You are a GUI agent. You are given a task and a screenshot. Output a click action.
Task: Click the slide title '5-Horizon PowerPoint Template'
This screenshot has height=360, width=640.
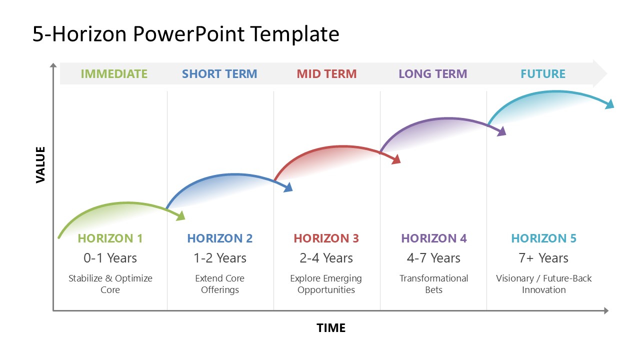click(x=186, y=34)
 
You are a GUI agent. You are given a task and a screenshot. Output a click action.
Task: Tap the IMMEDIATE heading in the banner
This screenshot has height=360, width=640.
click(x=114, y=74)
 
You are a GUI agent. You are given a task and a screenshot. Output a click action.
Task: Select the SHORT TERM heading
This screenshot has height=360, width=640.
click(x=219, y=74)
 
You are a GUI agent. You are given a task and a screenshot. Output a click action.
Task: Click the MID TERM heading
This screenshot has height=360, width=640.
click(x=326, y=74)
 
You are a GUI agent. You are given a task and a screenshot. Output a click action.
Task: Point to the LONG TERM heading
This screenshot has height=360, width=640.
click(x=432, y=74)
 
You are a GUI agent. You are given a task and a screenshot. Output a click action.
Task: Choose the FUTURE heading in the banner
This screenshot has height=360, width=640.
click(x=543, y=74)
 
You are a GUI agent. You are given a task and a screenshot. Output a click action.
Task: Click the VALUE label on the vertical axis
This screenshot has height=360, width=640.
click(x=40, y=164)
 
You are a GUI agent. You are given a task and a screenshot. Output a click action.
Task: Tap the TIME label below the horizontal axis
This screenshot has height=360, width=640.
click(x=331, y=328)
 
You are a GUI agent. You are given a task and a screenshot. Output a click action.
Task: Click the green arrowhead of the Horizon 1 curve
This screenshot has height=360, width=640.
click(x=181, y=215)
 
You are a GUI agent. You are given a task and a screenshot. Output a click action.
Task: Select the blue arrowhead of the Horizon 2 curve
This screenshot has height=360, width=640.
click(x=288, y=187)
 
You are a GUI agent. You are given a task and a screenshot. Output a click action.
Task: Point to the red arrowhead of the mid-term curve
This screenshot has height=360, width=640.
click(x=396, y=159)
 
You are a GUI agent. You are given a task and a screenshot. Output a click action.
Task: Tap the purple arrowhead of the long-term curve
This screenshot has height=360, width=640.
click(x=502, y=131)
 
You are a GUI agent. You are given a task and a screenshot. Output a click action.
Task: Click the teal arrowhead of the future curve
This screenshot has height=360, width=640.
click(x=609, y=104)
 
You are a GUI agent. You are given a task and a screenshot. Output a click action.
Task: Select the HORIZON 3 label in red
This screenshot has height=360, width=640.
click(x=326, y=238)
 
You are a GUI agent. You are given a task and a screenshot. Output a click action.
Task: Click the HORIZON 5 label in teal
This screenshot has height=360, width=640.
click(x=543, y=238)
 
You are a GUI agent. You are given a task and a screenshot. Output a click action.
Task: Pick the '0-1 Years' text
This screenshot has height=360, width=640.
click(x=110, y=258)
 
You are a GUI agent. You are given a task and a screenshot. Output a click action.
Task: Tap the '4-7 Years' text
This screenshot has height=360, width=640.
click(x=433, y=258)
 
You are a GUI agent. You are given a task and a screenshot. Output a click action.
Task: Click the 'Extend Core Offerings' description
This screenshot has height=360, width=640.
click(x=220, y=284)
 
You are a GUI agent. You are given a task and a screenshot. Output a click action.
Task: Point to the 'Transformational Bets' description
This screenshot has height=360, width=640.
click(x=433, y=284)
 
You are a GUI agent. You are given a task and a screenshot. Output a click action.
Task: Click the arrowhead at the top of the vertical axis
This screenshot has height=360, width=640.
click(x=53, y=66)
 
